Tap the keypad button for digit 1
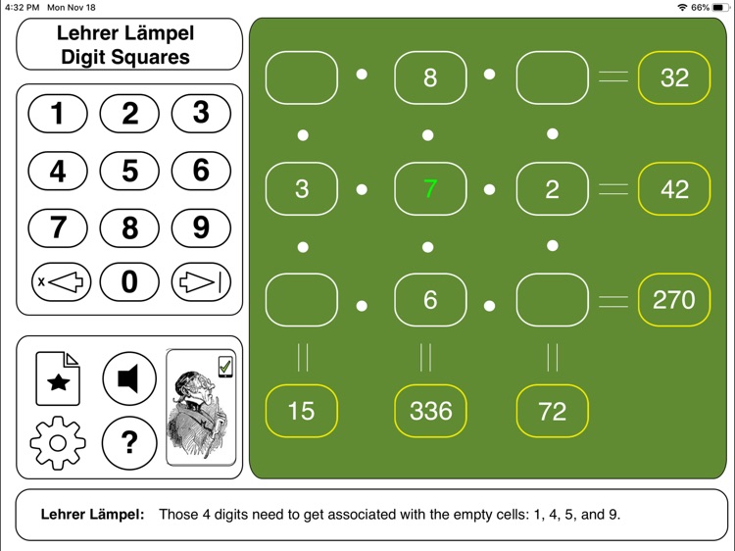[x=58, y=114]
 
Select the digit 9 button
[x=201, y=227]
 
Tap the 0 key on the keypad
[x=129, y=283]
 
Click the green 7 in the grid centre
[x=430, y=188]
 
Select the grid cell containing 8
[x=430, y=77]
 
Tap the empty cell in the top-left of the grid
[x=302, y=77]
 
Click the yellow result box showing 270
[x=674, y=299]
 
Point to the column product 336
[x=430, y=411]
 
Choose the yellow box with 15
[x=302, y=411]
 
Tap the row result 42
[x=674, y=188]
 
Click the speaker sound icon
[x=129, y=378]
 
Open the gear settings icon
[x=58, y=442]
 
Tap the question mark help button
[x=129, y=442]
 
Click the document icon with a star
[x=58, y=378]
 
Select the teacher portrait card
[x=201, y=408]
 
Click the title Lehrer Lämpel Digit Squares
[x=127, y=45]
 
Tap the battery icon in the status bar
[x=720, y=7]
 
